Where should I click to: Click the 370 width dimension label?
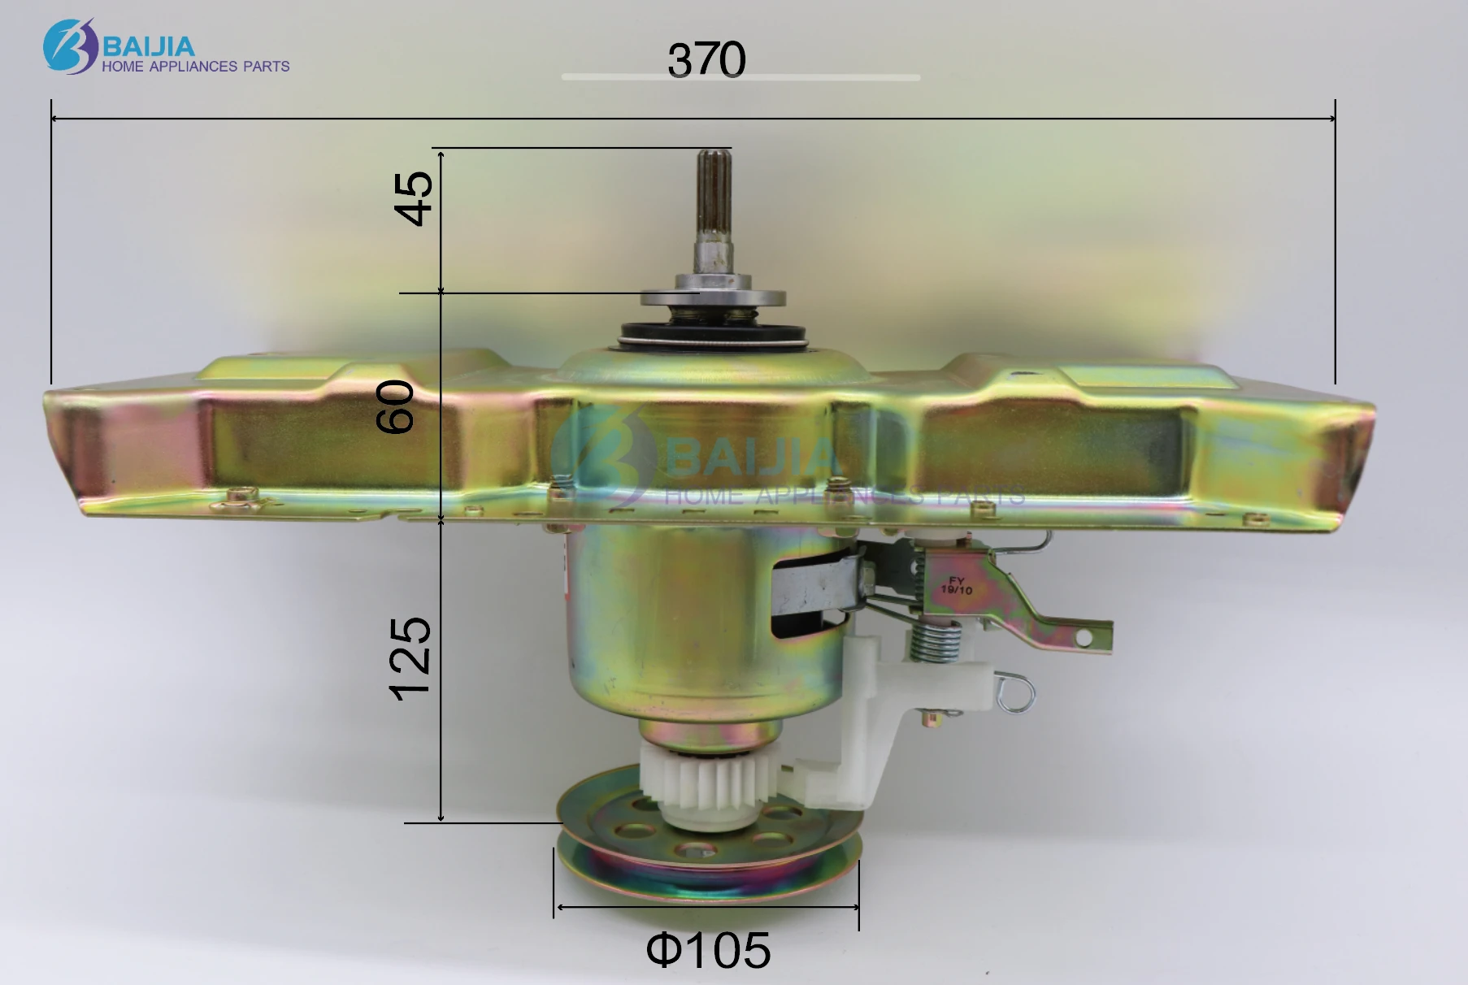pos(706,60)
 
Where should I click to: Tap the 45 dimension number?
pos(414,198)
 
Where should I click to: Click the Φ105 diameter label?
pos(708,949)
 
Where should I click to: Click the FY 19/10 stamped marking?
pos(957,585)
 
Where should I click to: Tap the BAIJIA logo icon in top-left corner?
pos(71,46)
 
